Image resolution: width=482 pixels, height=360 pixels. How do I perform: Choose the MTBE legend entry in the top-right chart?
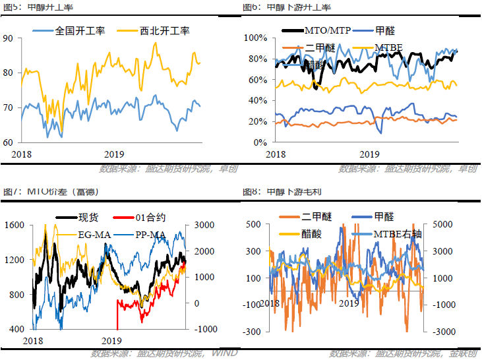tap(388, 47)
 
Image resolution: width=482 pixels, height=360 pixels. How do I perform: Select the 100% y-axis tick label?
tap(255, 38)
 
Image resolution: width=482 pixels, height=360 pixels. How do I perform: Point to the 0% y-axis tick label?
tap(259, 142)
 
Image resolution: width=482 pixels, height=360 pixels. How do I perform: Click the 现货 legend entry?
tap(88, 218)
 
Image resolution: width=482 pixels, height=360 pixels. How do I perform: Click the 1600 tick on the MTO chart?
tap(14, 225)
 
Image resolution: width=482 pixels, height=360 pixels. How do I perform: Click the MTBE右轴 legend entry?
tap(402, 233)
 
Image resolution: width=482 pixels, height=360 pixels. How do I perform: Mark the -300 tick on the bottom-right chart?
tap(251, 330)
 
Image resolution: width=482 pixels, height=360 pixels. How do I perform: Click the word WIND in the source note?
tap(225, 354)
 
